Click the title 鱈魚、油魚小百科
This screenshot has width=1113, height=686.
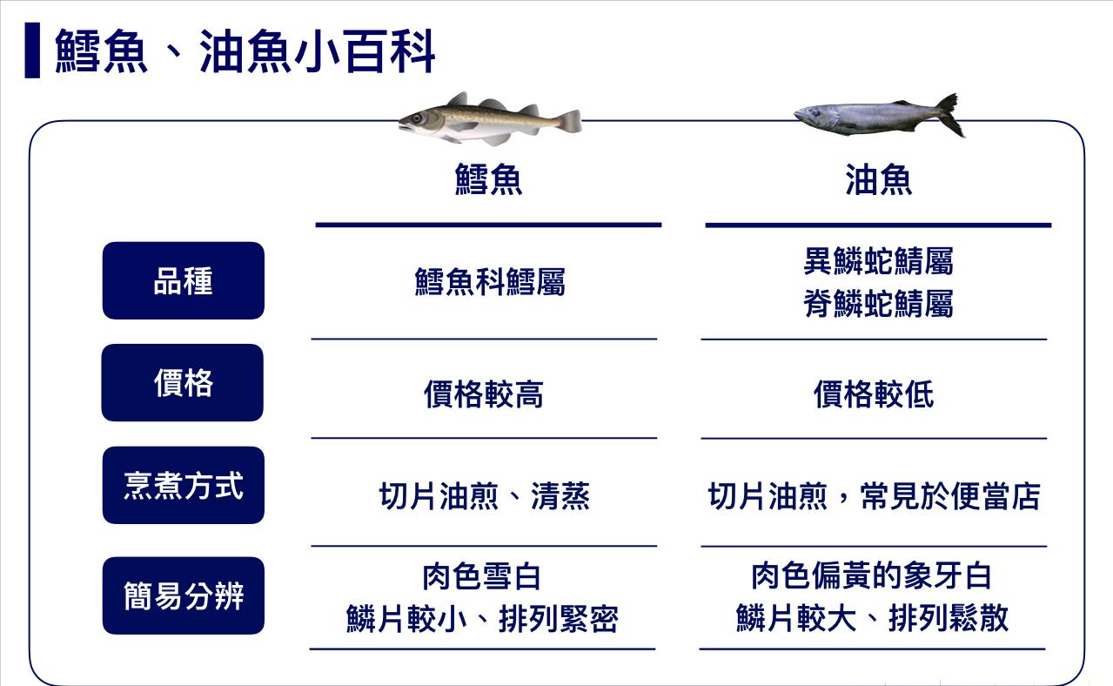pyautogui.click(x=245, y=52)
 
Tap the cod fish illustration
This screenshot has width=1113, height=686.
pyautogui.click(x=489, y=118)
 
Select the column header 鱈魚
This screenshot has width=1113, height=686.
pyautogui.click(x=488, y=180)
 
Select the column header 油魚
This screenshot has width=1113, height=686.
pyautogui.click(x=878, y=180)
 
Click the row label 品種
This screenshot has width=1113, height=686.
pyautogui.click(x=183, y=281)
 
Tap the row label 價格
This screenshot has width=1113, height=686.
pyautogui.click(x=183, y=383)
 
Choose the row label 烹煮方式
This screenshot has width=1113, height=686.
pyautogui.click(x=183, y=485)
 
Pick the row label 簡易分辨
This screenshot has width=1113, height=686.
pyautogui.click(x=183, y=595)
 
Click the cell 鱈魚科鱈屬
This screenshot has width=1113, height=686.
pyautogui.click(x=489, y=282)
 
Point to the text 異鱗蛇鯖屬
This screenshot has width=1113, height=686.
pyautogui.click(x=878, y=260)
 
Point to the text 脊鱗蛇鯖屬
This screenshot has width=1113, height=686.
pyautogui.click(x=878, y=304)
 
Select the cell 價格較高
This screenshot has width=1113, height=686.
pyautogui.click(x=484, y=394)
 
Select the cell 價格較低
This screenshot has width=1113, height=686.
pyautogui.click(x=874, y=394)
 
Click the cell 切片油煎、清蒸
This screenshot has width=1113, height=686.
pyautogui.click(x=484, y=496)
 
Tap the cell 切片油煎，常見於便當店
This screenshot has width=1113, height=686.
pyautogui.click(x=874, y=496)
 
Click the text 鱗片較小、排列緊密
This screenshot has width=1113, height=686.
pyautogui.click(x=482, y=619)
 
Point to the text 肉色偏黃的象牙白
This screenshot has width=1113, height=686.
pyautogui.click(x=871, y=575)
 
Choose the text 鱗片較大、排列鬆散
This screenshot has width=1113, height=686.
pyautogui.click(x=872, y=619)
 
